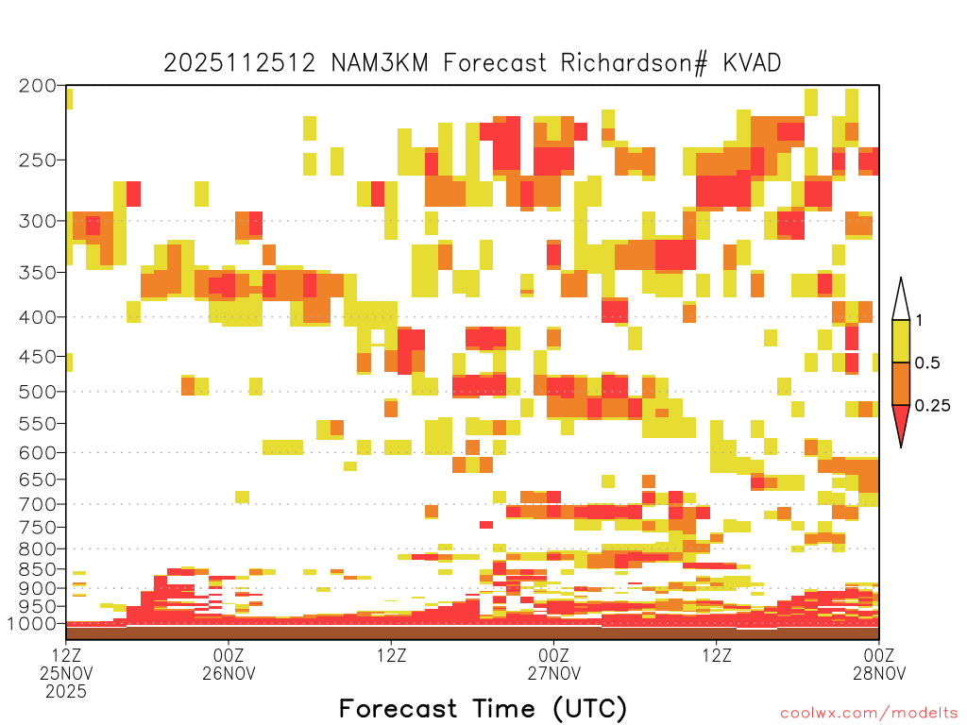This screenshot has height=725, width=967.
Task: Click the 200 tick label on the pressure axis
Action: (37, 86)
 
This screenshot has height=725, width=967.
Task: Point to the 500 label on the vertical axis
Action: (37, 392)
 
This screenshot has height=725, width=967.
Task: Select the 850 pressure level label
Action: (37, 568)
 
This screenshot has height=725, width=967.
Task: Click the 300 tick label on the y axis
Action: (37, 220)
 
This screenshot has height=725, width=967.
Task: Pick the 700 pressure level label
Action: (37, 504)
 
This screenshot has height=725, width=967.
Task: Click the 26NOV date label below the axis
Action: (229, 673)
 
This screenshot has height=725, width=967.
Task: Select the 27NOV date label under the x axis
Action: (553, 673)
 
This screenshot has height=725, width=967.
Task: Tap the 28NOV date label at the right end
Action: (879, 673)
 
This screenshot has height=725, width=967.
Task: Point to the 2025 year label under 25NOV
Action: (66, 691)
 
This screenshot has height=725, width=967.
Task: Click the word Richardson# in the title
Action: (634, 63)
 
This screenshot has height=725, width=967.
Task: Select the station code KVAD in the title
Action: (752, 63)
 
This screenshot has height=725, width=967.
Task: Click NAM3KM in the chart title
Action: (380, 63)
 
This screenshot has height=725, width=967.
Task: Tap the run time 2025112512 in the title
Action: (239, 63)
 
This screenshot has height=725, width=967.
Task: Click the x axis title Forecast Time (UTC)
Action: (483, 708)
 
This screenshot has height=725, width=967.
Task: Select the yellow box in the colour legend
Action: (901, 341)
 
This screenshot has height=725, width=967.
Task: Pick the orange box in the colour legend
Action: (901, 383)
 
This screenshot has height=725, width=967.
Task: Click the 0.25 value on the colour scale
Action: (932, 405)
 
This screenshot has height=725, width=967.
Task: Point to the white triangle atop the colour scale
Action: (901, 299)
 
